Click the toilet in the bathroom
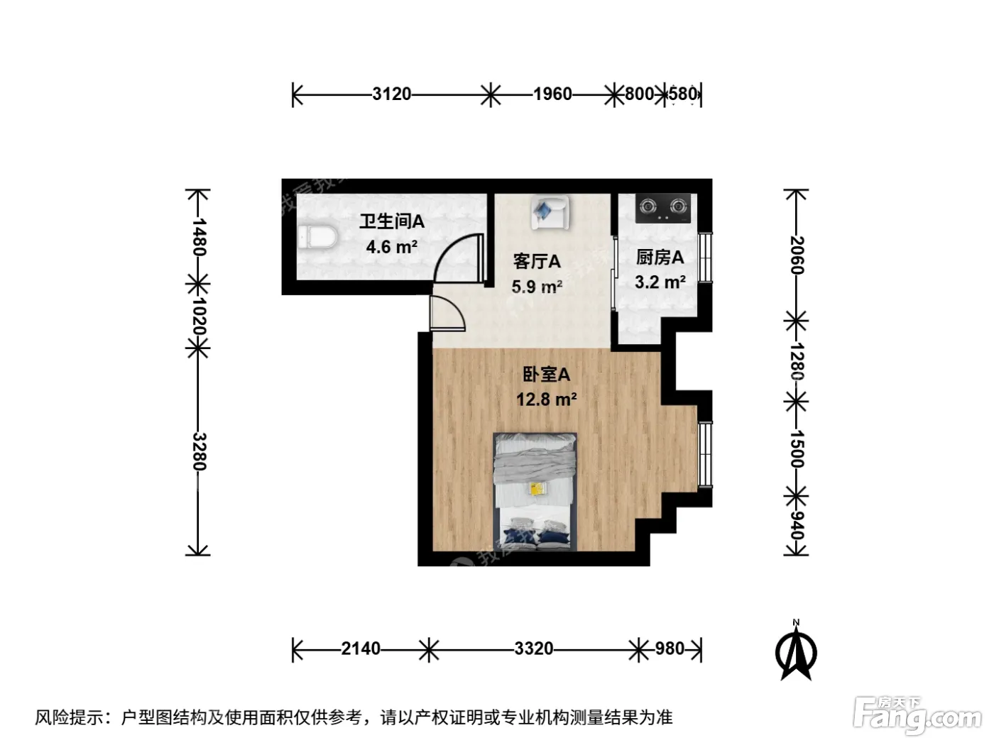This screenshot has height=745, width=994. tap(317, 237)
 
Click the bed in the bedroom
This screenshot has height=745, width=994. tap(535, 492)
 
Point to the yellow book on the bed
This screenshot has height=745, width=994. tap(537, 489)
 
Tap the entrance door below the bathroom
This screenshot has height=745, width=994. tap(447, 313)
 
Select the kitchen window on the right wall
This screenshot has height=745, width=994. tap(704, 258)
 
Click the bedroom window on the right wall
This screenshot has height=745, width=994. tap(704, 455)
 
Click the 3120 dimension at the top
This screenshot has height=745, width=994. tap(391, 94)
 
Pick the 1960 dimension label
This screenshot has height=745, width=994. tap(552, 94)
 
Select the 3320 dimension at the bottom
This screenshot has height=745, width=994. tap(533, 649)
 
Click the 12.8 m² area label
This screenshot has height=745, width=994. tap(546, 399)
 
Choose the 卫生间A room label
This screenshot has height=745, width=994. tap(392, 221)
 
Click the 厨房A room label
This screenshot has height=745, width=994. tap(660, 258)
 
